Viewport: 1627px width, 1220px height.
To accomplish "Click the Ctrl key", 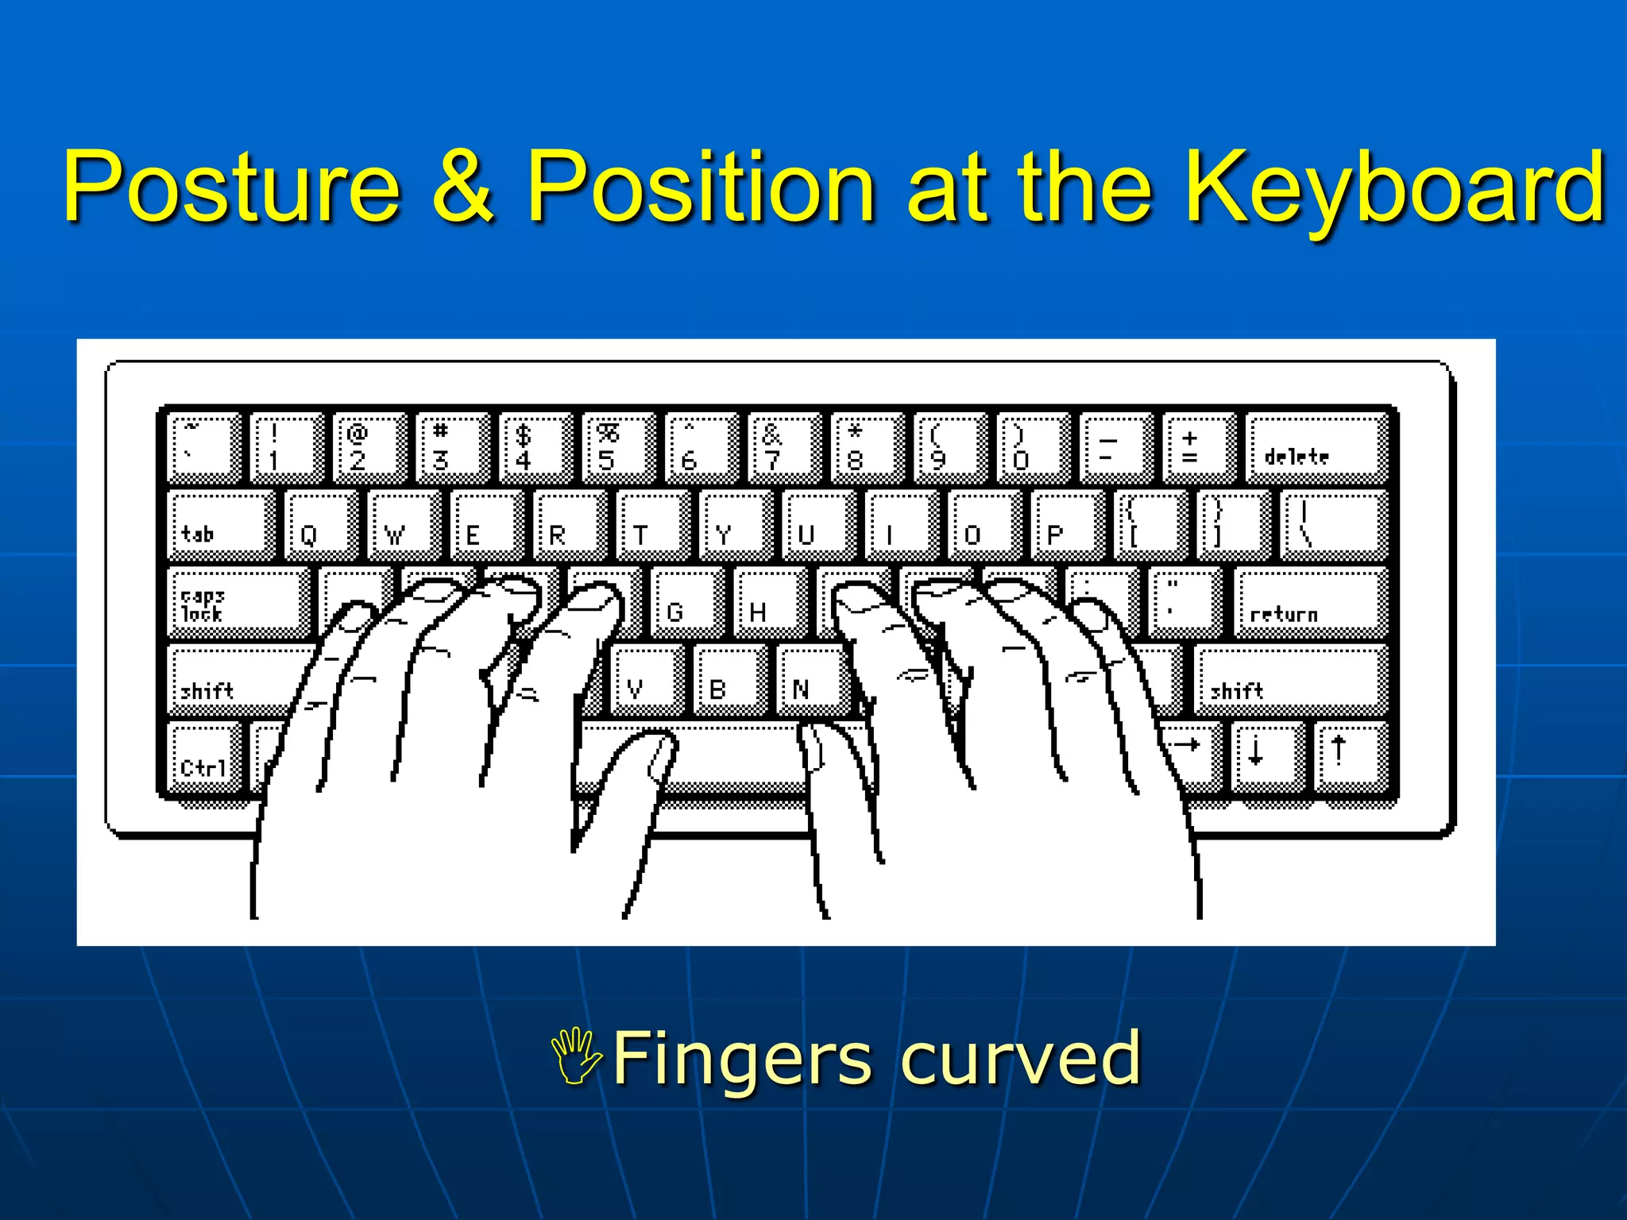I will tap(203, 758).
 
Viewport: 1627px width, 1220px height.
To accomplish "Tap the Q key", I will tap(319, 525).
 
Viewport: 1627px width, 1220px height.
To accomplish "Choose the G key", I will tap(685, 602).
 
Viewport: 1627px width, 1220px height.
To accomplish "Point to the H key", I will tap(768, 602).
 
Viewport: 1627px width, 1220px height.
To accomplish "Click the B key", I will tap(728, 679).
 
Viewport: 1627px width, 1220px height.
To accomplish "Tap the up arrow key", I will tap(1348, 755).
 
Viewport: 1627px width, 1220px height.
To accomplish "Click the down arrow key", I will tap(1266, 755).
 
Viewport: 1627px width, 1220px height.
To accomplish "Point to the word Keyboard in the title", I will tap(1394, 187).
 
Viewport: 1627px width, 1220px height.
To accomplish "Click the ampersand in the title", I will tap(463, 187).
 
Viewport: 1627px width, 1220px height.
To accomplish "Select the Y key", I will tap(734, 525).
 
